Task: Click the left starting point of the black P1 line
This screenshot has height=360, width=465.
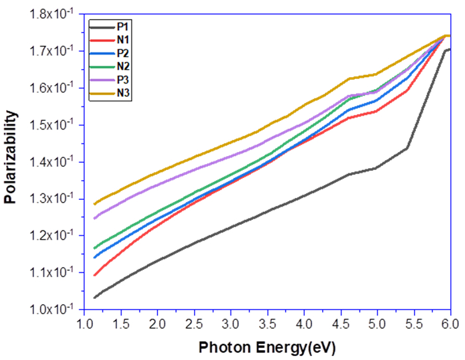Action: [x=94, y=297]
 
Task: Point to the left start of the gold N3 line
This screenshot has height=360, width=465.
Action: [x=94, y=203]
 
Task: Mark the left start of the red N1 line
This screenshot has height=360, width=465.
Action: [x=94, y=275]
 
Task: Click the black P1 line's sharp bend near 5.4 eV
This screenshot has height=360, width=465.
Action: [x=407, y=147]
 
